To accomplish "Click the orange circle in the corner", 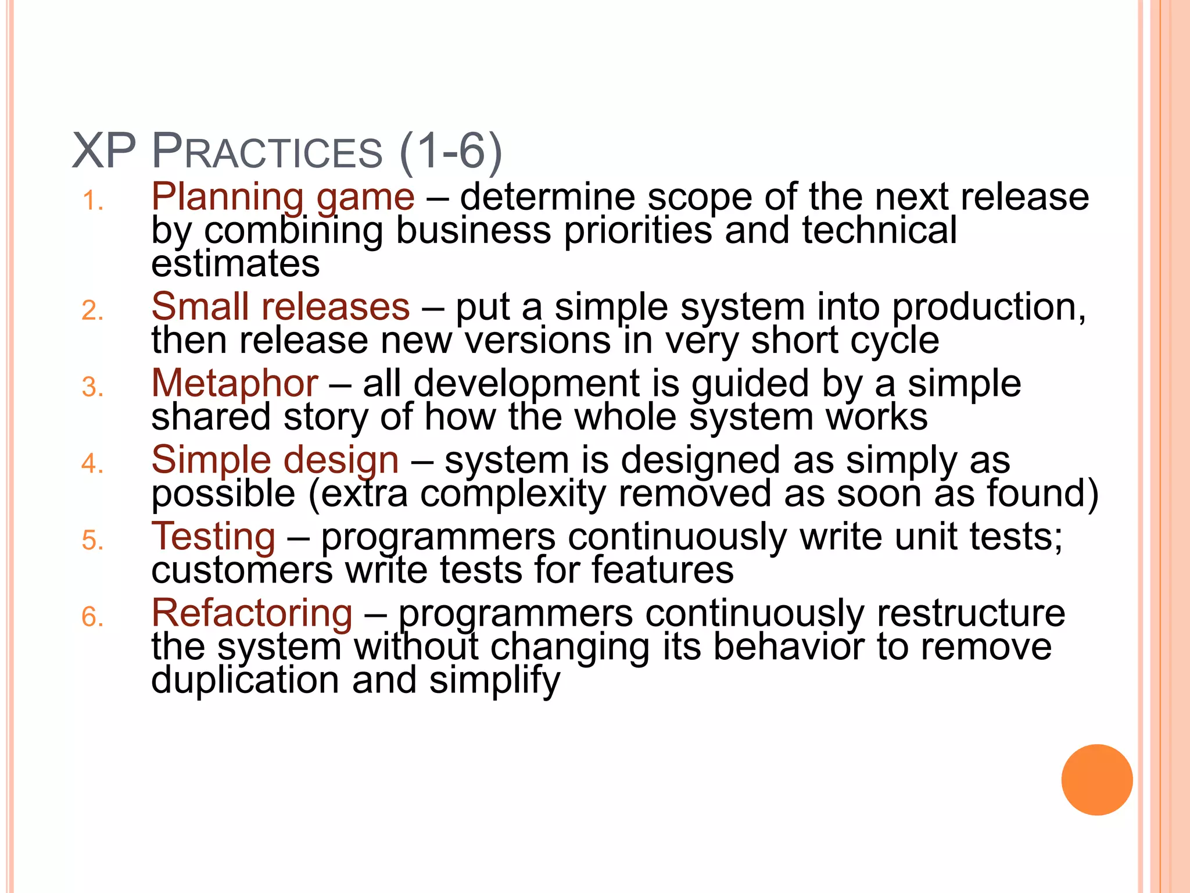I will pos(1096,780).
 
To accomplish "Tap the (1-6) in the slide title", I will pos(451,152).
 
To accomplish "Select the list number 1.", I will pos(92,202).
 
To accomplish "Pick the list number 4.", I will pos(92,464).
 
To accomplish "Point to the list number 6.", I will pos(92,617).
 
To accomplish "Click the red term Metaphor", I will pos(234,384).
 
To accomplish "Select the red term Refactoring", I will pos(252,613).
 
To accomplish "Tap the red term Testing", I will pos(213,537).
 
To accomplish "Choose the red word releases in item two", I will pos(336,307).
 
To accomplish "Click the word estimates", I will pos(235,264).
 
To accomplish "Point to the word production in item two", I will pos(988,307).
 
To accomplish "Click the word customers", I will pos(242,570).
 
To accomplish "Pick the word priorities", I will pos(637,231).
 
